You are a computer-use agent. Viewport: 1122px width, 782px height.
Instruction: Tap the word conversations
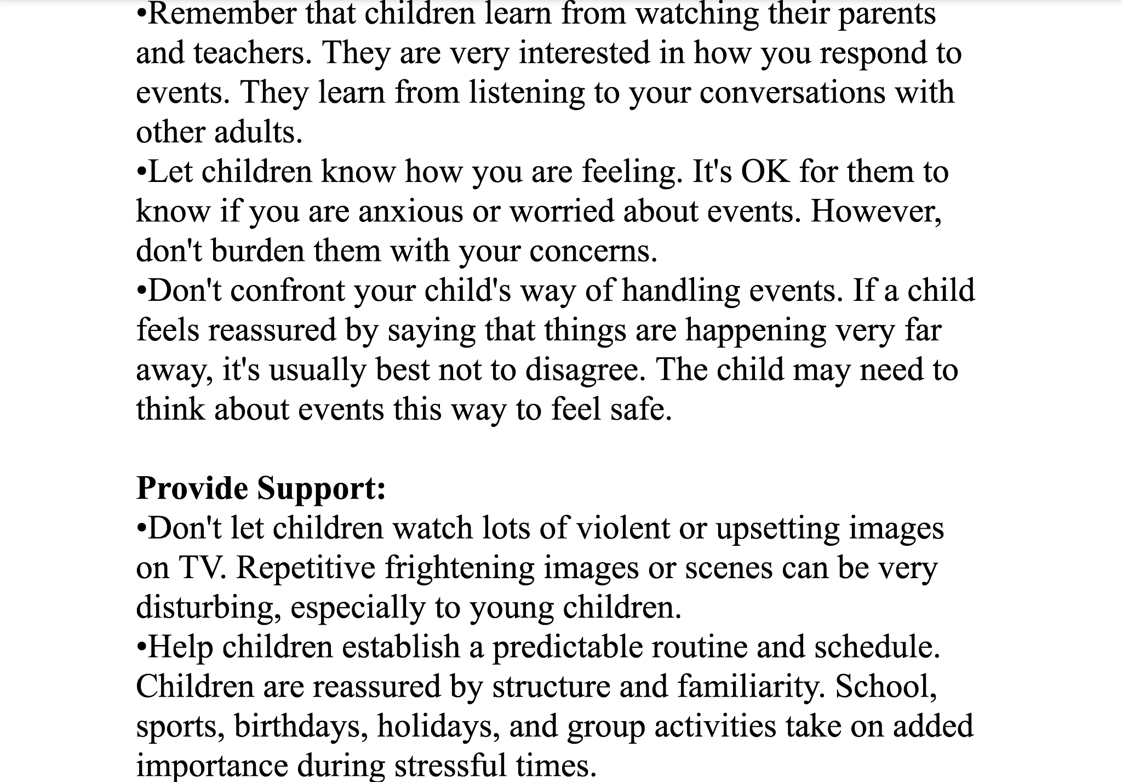tap(792, 93)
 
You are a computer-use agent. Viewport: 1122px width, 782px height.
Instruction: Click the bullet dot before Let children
tap(141, 172)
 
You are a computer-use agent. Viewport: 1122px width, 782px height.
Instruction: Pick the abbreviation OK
tap(765, 172)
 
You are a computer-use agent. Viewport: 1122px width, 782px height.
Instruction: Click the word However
tap(876, 212)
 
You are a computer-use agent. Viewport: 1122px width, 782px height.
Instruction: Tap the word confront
tap(288, 290)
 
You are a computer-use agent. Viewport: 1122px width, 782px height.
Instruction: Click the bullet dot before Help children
tap(141, 647)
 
